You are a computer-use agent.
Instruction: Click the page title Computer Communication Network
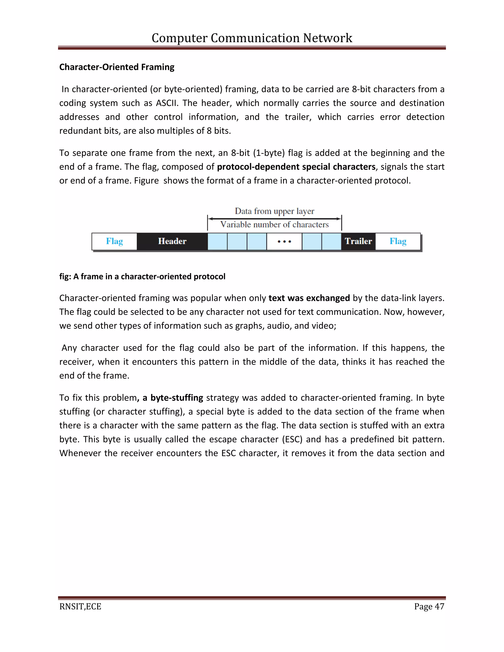pyautogui.click(x=252, y=38)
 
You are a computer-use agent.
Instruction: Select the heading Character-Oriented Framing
pyautogui.click(x=117, y=67)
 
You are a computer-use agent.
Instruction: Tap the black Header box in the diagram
pyautogui.click(x=172, y=241)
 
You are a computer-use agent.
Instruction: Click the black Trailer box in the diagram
pyautogui.click(x=358, y=241)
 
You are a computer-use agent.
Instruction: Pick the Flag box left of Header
pyautogui.click(x=114, y=241)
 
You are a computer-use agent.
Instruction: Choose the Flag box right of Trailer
pyautogui.click(x=398, y=241)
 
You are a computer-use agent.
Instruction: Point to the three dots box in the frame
pyautogui.click(x=284, y=241)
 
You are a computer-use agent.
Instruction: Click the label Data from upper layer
pyautogui.click(x=274, y=211)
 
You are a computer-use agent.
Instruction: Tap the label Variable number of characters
pyautogui.click(x=274, y=224)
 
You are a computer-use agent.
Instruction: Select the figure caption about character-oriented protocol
pyautogui.click(x=142, y=277)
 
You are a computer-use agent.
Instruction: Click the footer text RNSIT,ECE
pyautogui.click(x=80, y=606)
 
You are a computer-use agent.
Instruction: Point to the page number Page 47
pyautogui.click(x=429, y=606)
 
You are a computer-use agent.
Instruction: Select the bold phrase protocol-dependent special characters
pyautogui.click(x=296, y=167)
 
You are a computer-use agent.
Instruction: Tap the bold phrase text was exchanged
pyautogui.click(x=309, y=298)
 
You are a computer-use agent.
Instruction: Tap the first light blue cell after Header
pyautogui.click(x=217, y=241)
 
